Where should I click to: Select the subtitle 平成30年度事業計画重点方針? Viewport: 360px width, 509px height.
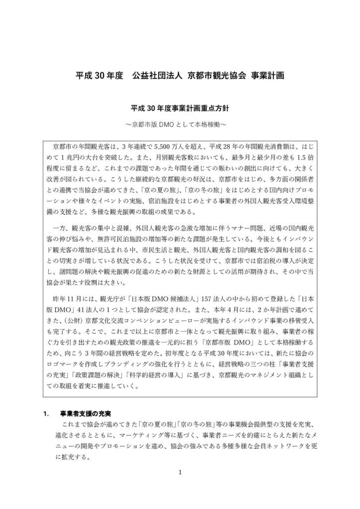coord(180,107)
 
